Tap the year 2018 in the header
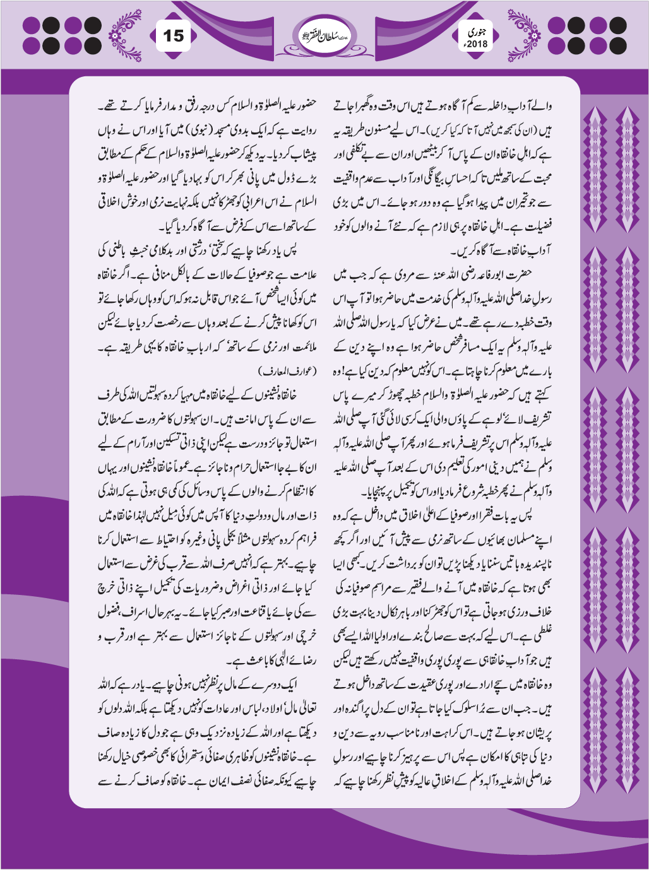point(473,44)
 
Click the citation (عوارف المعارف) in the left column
point(288,368)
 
